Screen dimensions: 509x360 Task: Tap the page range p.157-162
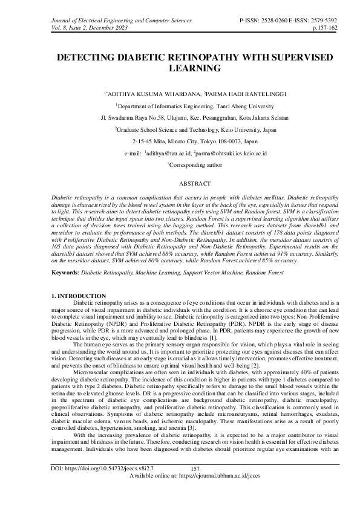(x=329, y=27)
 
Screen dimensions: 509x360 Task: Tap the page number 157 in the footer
(x=195, y=486)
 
